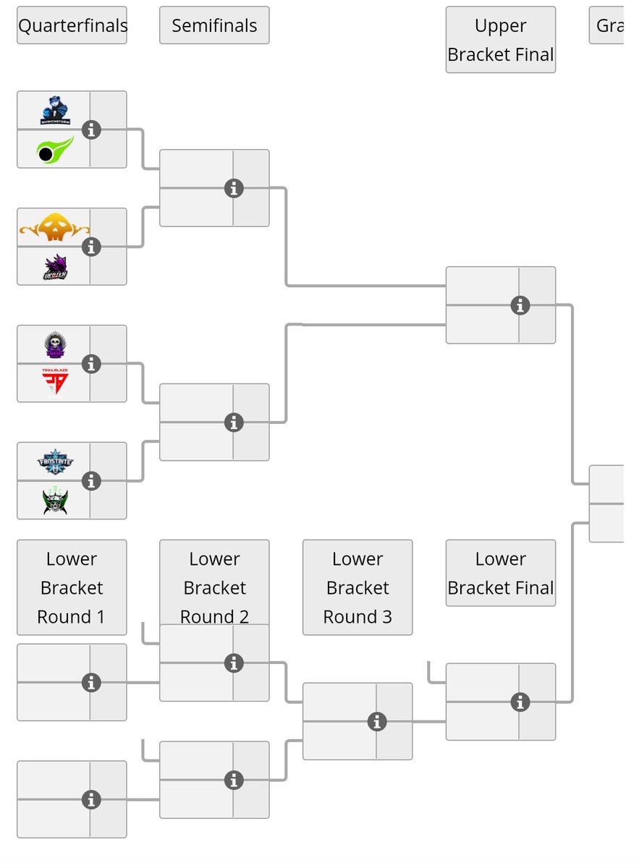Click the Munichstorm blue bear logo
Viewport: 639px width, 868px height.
(x=55, y=110)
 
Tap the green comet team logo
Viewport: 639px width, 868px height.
(x=55, y=150)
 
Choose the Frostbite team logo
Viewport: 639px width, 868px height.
(x=55, y=461)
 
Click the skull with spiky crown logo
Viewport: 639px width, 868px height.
(x=55, y=344)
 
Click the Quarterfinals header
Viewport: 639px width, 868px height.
(x=72, y=25)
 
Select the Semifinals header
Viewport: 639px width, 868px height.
(x=214, y=25)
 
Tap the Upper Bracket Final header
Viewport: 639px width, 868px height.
(x=500, y=40)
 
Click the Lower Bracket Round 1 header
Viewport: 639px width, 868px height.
(x=72, y=587)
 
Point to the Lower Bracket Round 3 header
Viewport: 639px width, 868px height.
(x=357, y=587)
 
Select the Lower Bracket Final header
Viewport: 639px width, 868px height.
(x=500, y=572)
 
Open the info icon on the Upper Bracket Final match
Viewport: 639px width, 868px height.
(x=520, y=305)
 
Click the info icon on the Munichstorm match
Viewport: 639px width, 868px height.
(x=90, y=129)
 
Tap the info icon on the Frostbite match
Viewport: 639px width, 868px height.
(x=90, y=481)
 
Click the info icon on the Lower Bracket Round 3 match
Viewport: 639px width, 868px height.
(x=376, y=721)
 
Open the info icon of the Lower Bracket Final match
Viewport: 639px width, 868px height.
(x=520, y=702)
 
